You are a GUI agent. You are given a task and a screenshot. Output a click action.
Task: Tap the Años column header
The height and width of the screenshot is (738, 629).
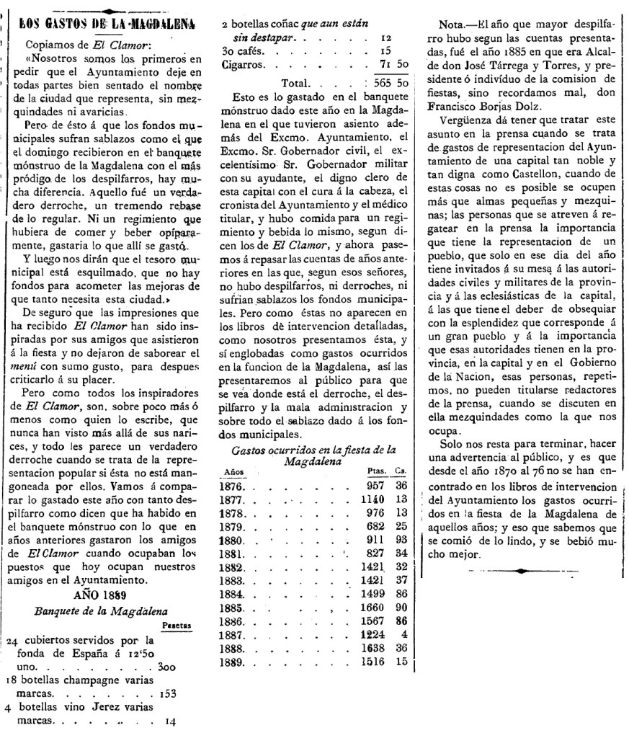tap(230, 470)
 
